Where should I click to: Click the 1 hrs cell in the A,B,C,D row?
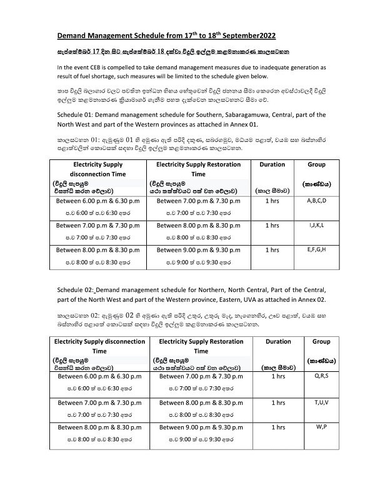272,201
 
